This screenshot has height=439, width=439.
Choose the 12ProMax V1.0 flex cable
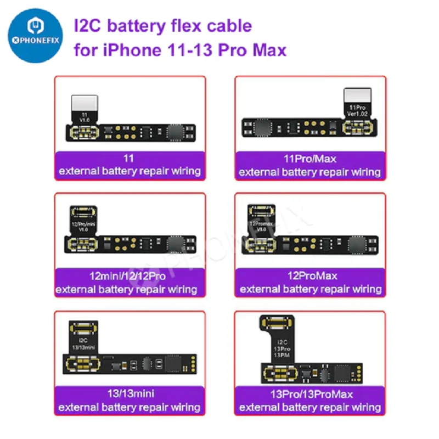[311, 233]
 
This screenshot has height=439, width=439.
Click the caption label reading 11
[130, 159]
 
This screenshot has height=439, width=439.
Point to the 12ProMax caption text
[311, 276]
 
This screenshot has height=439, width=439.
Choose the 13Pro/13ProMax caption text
[311, 394]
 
